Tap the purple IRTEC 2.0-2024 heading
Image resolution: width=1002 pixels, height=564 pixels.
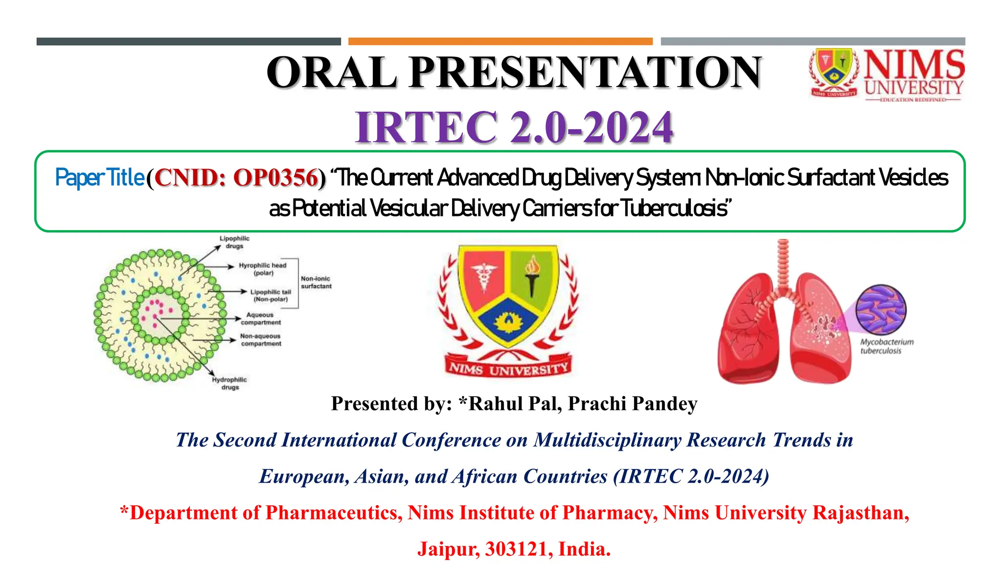(514, 127)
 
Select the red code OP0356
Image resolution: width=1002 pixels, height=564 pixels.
(275, 178)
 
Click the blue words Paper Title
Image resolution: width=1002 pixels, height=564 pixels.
(99, 178)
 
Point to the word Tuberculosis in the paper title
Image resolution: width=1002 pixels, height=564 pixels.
(675, 209)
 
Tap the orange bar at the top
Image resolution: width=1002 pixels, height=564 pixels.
(500, 42)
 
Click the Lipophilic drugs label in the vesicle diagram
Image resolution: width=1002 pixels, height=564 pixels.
(234, 242)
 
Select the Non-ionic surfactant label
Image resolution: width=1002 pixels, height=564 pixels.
(316, 282)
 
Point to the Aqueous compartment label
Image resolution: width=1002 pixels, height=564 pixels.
(260, 319)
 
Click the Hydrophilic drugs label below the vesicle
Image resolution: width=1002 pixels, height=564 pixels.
(229, 383)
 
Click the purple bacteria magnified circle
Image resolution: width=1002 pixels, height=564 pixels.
(881, 310)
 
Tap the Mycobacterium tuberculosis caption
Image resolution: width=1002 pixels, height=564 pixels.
(886, 346)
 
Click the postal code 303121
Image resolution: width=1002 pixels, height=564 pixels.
(519, 549)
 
